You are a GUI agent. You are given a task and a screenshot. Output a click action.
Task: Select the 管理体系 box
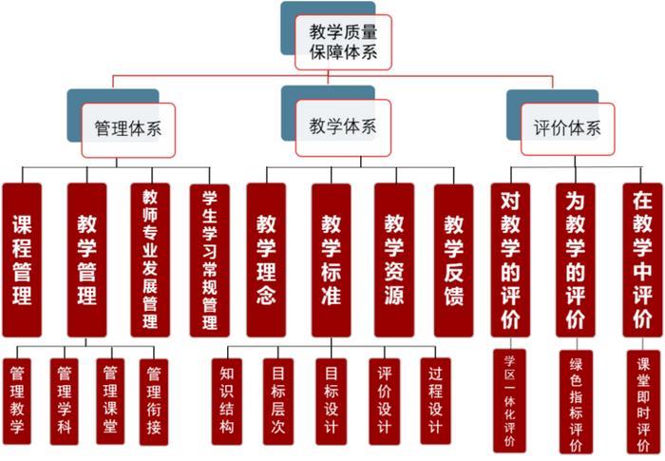click(127, 129)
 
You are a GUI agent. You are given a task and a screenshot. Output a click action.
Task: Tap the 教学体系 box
click(343, 126)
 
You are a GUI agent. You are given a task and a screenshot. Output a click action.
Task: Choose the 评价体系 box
click(566, 129)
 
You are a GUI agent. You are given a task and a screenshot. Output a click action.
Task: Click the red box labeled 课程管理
click(22, 259)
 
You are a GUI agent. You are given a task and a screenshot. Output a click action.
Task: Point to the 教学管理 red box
click(86, 259)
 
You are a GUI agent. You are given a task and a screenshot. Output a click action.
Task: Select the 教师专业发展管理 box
click(150, 259)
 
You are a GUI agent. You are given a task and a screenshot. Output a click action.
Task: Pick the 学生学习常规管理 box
click(210, 259)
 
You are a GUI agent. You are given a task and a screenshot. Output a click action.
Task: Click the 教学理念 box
click(266, 259)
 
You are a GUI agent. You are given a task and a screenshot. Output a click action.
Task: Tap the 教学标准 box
click(331, 259)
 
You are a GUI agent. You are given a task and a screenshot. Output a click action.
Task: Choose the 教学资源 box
click(393, 259)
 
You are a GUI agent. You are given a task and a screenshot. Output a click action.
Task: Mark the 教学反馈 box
click(453, 259)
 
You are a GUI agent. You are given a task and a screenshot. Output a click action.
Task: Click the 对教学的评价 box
click(510, 259)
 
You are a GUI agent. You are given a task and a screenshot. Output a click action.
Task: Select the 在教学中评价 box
click(643, 259)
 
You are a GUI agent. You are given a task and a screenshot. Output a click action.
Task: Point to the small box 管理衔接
click(153, 400)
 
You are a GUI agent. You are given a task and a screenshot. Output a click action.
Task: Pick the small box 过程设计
click(436, 400)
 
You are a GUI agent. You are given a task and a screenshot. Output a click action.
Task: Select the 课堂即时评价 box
click(643, 400)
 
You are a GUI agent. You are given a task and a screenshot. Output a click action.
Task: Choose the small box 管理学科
click(64, 400)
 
